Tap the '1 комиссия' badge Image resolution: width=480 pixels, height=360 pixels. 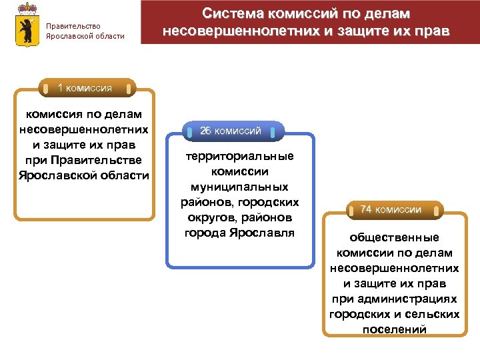pyautogui.click(x=85, y=88)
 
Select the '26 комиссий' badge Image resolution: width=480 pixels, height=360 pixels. pyautogui.click(x=231, y=131)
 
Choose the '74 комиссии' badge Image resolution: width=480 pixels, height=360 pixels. pyautogui.click(x=391, y=209)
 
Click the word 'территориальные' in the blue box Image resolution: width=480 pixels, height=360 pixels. pyautogui.click(x=239, y=156)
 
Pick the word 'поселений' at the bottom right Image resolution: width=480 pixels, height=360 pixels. pyautogui.click(x=394, y=329)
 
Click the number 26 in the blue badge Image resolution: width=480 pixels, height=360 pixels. pyautogui.click(x=206, y=131)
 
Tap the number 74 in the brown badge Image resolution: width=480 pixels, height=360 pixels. pyautogui.click(x=366, y=209)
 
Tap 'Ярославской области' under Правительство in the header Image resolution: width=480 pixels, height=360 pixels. pyautogui.click(x=85, y=36)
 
